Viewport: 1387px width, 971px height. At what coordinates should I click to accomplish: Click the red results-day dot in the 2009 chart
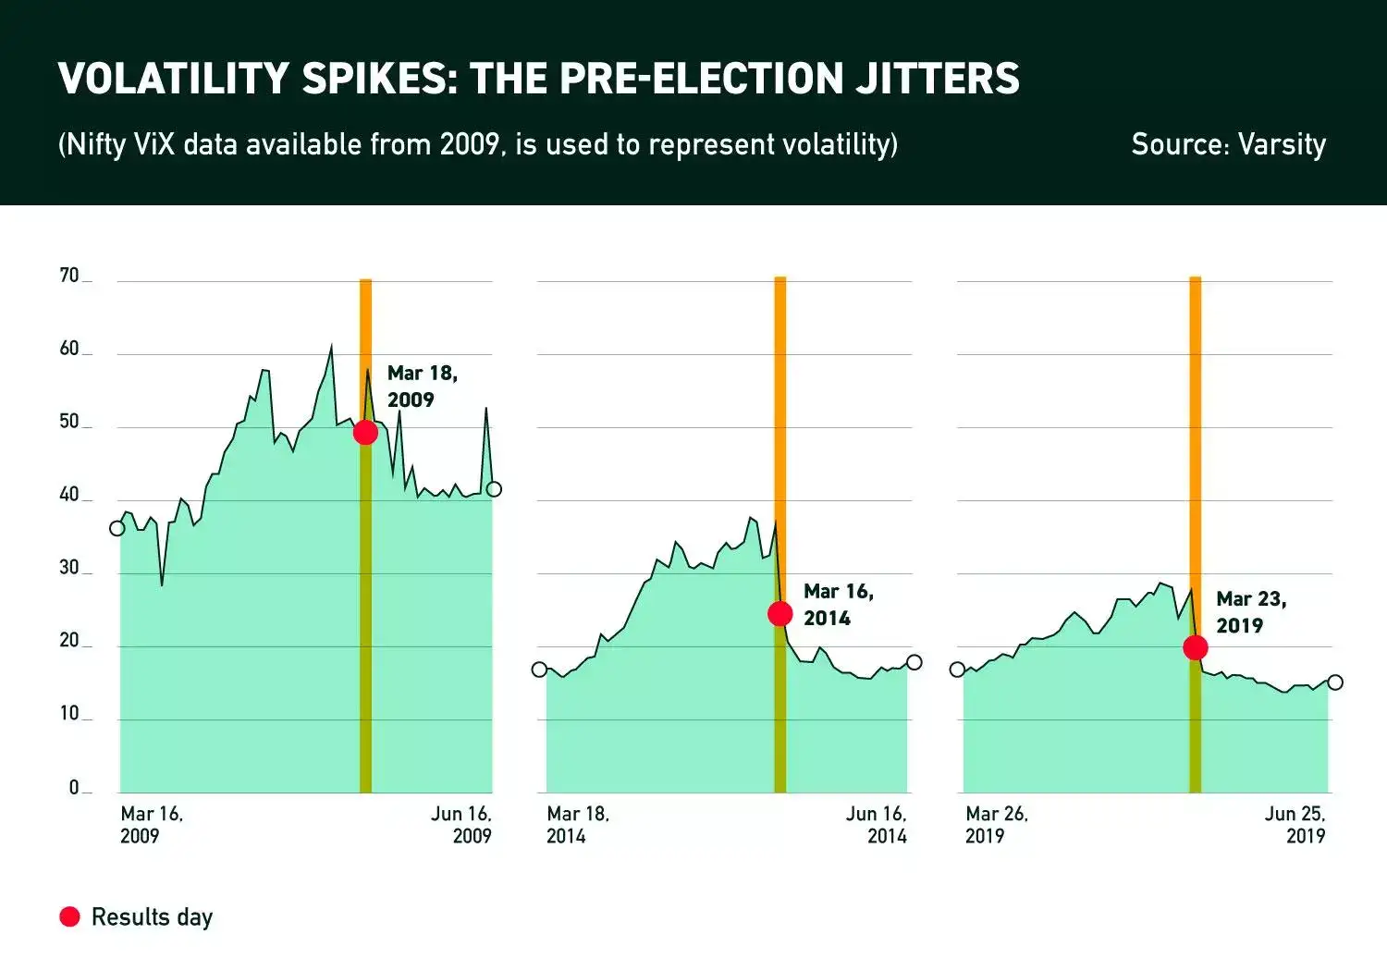365,432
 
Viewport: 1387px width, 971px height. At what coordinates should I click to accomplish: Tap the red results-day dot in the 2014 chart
780,613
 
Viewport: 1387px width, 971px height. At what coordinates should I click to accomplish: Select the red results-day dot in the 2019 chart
1196,647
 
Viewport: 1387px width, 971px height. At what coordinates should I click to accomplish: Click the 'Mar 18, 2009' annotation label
422,387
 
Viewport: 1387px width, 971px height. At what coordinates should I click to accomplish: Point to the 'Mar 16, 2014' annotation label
838,605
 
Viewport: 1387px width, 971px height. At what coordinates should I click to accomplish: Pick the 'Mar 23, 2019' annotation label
1251,612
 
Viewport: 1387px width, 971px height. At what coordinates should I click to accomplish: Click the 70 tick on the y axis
69,276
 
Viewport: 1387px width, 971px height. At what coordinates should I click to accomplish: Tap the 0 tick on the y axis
74,788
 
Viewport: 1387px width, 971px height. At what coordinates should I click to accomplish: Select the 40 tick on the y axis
69,495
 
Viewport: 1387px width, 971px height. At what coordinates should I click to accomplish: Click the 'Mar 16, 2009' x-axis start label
152,825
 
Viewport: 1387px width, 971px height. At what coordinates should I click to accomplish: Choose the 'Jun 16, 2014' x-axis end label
877,825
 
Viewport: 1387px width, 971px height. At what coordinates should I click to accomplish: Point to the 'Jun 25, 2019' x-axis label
1295,825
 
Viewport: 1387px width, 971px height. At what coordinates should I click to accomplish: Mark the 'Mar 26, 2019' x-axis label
996,825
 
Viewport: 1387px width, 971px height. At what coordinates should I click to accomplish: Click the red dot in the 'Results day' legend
69,916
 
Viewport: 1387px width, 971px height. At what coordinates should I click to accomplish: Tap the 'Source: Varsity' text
1228,144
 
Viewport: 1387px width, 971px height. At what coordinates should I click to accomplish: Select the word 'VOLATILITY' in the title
173,79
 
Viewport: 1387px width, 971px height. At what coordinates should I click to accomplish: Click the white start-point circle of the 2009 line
117,528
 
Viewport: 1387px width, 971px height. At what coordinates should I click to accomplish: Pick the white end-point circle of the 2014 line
914,662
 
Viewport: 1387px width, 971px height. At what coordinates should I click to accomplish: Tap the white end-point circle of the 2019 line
1334,682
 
